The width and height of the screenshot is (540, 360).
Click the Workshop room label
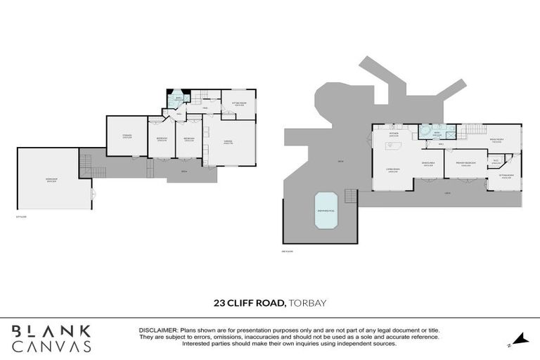click(51, 180)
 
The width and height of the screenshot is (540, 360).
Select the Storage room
click(127, 136)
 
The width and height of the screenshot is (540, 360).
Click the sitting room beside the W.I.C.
click(506, 176)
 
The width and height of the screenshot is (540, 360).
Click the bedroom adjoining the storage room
click(162, 139)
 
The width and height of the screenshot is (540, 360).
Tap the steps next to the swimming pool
click(350, 197)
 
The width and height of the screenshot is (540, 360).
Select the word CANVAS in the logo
click(51, 346)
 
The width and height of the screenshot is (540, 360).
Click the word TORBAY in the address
click(308, 304)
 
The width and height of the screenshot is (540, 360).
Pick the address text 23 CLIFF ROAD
click(250, 304)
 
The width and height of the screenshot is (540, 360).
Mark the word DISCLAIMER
click(160, 330)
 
